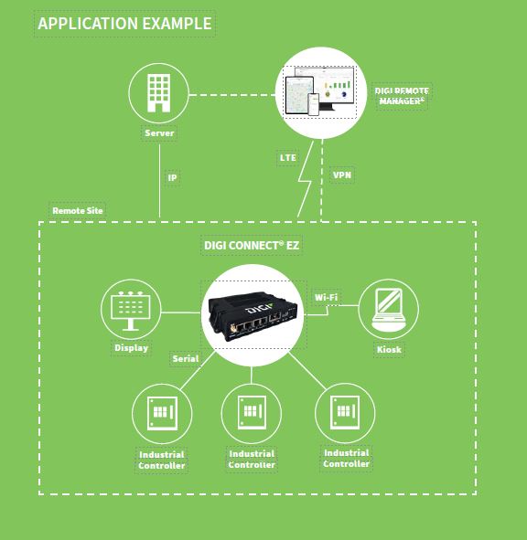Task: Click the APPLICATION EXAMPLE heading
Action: pos(124,24)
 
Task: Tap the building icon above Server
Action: pos(158,93)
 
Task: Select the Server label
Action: pos(159,132)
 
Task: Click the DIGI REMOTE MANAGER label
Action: pos(402,96)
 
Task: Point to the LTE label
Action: pos(287,158)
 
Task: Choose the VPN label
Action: pos(342,175)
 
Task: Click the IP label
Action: pos(172,177)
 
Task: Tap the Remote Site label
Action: pos(78,210)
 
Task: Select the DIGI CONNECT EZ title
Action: pos(252,245)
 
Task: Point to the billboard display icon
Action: pos(131,311)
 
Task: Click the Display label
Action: pos(131,348)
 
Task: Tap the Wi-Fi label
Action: pos(326,297)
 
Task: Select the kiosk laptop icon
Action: pos(388,309)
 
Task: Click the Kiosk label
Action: pos(389,350)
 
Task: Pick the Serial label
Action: pos(186,358)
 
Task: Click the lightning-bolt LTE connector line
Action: pos(305,179)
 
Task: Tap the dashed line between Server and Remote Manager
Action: pos(232,95)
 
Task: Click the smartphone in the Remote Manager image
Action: pos(314,104)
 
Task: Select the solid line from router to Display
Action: pos(181,312)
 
